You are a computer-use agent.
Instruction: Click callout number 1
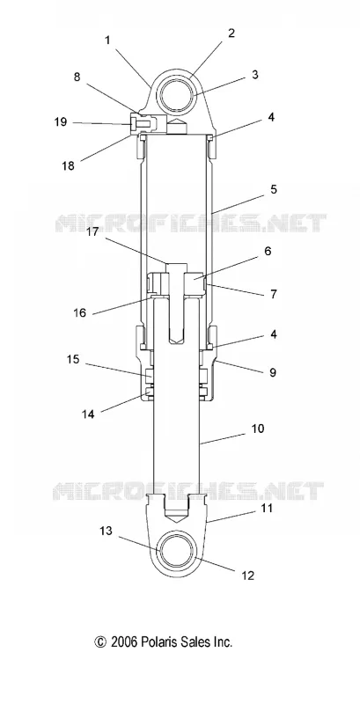coord(107,40)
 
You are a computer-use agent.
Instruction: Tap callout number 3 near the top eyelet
coord(255,75)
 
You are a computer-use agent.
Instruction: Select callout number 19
coord(61,122)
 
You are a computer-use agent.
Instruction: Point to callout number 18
coord(69,165)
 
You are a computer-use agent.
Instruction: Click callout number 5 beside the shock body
coord(274,189)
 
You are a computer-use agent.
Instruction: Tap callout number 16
coord(79,313)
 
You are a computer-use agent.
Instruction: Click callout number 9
coord(273,372)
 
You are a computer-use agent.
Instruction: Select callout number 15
coord(73,360)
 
